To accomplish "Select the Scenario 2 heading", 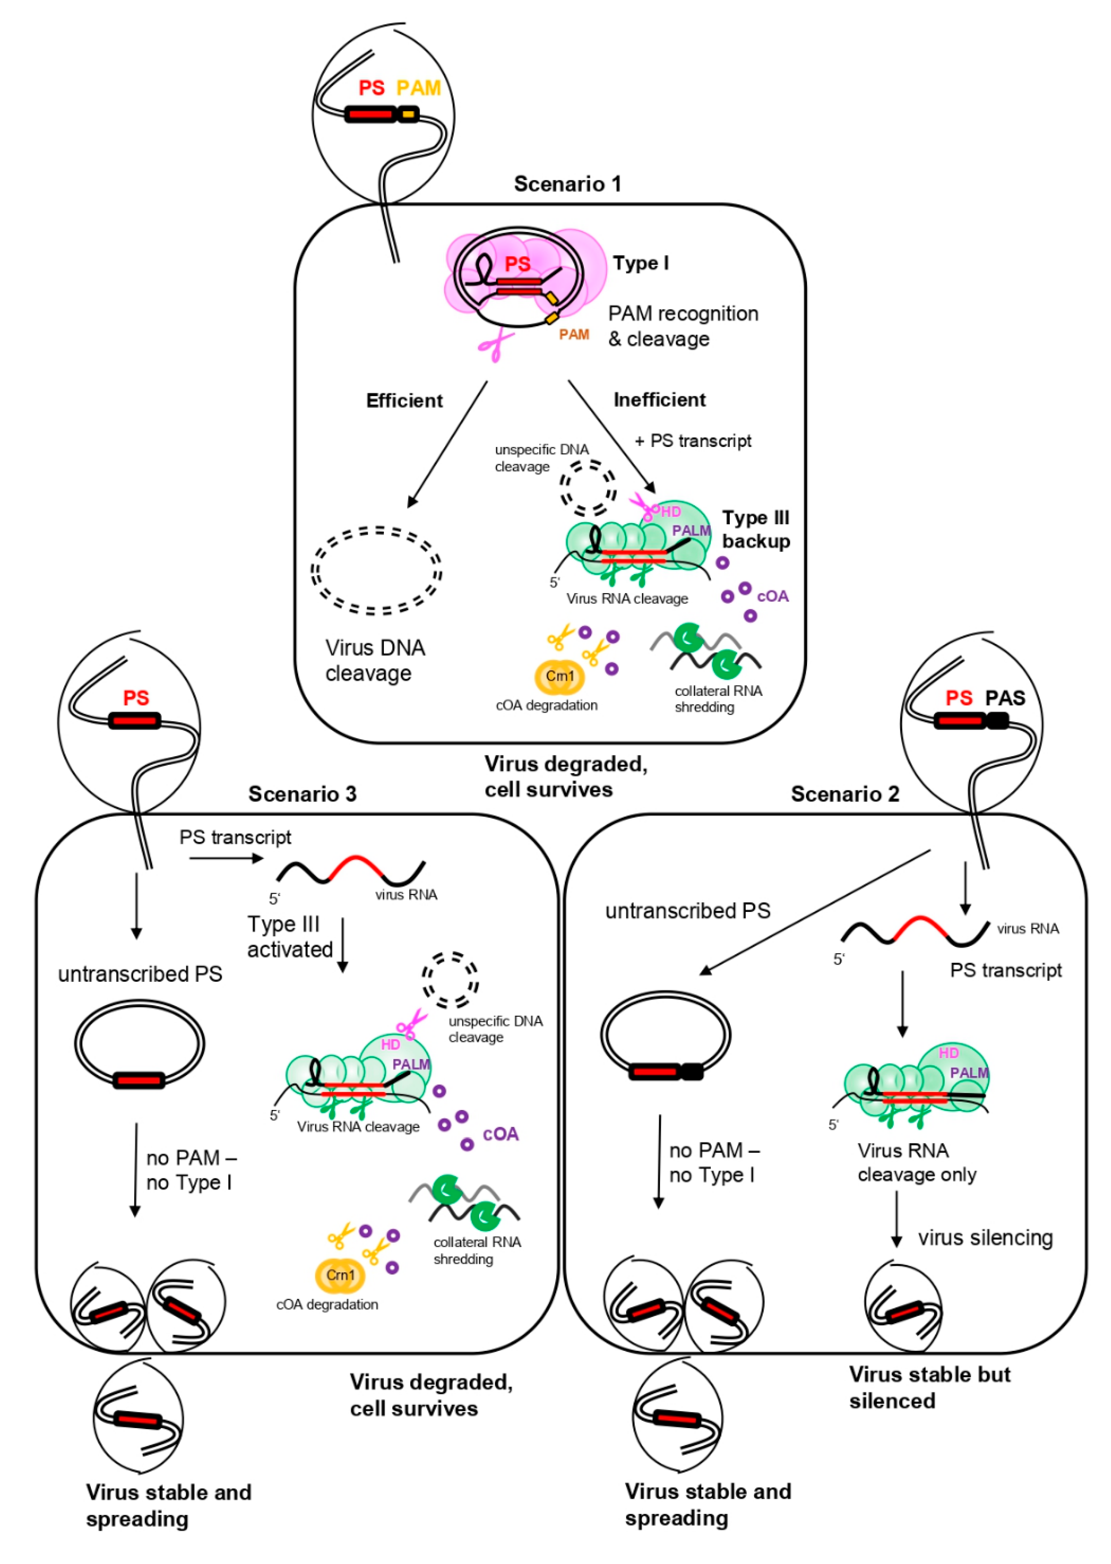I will (x=844, y=793).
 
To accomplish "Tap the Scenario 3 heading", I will (x=302, y=793).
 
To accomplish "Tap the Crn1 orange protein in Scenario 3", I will (x=340, y=1275).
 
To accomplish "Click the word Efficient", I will (x=404, y=400).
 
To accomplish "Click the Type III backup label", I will (x=755, y=529).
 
